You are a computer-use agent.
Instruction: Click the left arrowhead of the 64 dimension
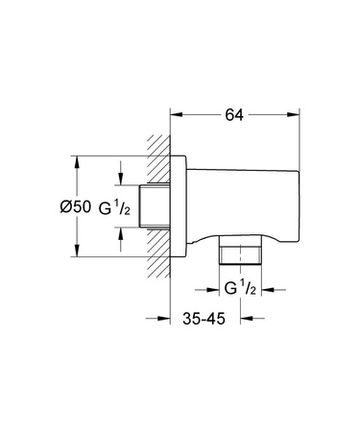click(x=175, y=112)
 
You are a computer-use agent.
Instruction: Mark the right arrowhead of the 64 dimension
click(x=290, y=112)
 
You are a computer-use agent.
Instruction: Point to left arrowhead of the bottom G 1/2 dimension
click(x=215, y=288)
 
